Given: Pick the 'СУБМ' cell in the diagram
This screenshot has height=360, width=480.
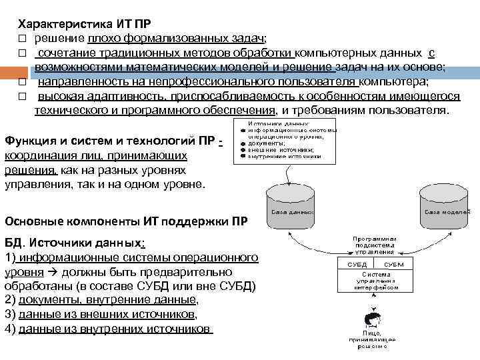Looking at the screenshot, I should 393,265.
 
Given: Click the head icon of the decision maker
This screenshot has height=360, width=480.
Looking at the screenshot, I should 373,317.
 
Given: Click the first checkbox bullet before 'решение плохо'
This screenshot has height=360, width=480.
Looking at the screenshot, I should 21,38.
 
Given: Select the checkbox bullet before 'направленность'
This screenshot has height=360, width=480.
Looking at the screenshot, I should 21,82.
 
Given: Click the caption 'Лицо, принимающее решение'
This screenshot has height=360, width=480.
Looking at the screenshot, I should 372,339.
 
